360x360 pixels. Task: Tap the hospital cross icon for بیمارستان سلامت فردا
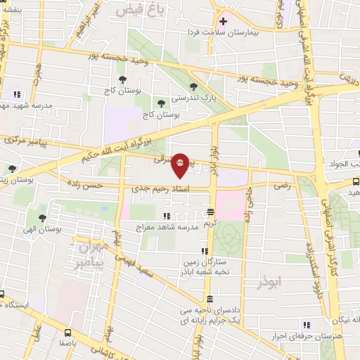point(224,21)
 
